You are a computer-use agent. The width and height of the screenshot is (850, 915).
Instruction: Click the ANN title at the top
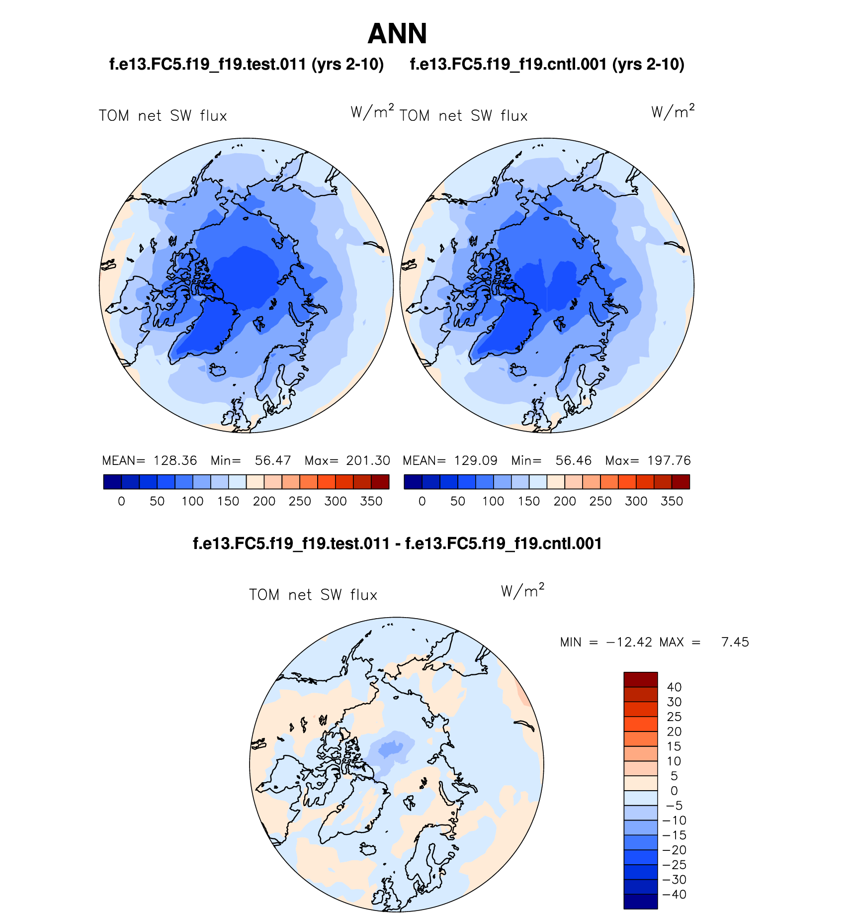(397, 34)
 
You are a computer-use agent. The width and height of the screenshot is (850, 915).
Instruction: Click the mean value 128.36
(175, 460)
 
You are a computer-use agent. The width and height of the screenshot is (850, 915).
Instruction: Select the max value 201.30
(368, 460)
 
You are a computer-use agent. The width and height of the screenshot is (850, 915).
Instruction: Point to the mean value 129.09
(476, 460)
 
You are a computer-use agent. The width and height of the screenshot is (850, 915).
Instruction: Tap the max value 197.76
(669, 460)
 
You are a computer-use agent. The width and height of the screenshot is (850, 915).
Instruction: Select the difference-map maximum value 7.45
(735, 642)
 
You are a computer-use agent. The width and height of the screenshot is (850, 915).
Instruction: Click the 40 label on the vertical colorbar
(674, 687)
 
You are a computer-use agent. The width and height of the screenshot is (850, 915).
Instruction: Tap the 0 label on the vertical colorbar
(674, 791)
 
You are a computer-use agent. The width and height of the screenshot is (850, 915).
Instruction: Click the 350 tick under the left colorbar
(371, 501)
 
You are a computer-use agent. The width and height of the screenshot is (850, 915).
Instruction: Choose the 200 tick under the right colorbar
(565, 501)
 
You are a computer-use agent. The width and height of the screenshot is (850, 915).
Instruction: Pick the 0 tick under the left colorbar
(121, 501)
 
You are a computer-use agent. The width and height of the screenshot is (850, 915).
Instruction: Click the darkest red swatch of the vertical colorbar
(641, 679)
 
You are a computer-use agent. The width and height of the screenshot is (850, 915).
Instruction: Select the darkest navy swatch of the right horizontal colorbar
(413, 482)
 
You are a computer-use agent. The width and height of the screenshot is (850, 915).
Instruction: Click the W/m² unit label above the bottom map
(522, 591)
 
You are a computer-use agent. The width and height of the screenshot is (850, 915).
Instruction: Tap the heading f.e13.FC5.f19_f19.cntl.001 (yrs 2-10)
(547, 65)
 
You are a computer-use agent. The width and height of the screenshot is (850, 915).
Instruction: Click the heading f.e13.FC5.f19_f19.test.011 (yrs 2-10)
(247, 65)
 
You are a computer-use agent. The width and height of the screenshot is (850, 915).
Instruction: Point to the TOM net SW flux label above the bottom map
(313, 595)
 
